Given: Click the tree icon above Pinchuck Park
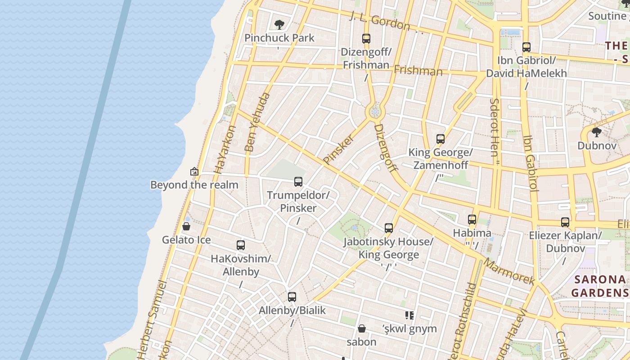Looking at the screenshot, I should [279, 24].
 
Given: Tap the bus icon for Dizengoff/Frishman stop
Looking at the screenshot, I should [366, 39].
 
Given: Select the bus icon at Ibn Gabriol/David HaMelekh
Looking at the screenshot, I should [526, 47].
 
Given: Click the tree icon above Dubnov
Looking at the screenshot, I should [596, 132].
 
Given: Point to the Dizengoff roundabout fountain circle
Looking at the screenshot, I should [375, 112].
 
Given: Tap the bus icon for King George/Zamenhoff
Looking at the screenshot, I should [441, 139].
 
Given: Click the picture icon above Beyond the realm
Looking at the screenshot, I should [194, 171].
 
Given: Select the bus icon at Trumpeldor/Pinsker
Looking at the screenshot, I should [298, 182].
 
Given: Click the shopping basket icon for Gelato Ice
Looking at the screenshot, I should [186, 226].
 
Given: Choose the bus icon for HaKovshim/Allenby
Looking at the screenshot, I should [241, 245].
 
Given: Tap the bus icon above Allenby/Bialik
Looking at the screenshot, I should [292, 297].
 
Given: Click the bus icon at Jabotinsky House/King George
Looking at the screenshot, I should [389, 228].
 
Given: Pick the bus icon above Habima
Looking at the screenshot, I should [472, 220].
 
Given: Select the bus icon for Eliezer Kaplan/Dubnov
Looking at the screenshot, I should [565, 222].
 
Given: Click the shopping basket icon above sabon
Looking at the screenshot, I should [361, 328].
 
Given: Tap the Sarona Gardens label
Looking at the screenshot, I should [600, 286].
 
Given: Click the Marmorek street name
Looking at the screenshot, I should [509, 272].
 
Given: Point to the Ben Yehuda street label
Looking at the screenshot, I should [257, 122].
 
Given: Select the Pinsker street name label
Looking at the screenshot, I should [338, 149].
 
